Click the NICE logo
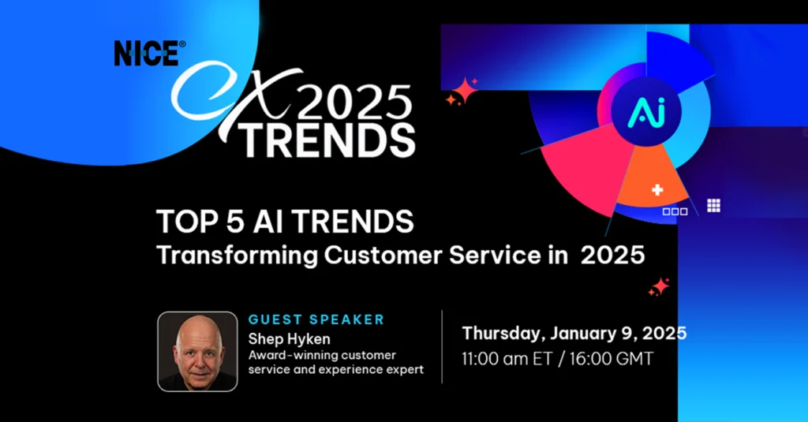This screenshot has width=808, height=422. coord(149,53)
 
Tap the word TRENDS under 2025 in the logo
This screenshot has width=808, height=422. coord(327,140)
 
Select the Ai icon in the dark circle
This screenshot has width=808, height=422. coord(646,112)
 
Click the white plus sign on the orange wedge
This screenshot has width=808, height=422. coord(657,190)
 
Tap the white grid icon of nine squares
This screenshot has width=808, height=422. coord(713,205)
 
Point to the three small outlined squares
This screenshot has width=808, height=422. coord(675,211)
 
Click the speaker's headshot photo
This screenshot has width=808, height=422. coord(197,352)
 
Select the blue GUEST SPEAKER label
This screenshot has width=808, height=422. coord(316,319)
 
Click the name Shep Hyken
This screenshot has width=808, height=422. coord(289,339)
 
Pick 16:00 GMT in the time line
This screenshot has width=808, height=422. coord(612,359)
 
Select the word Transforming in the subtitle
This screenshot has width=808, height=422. coord(237,256)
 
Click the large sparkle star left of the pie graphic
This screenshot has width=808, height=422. coord(465,91)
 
